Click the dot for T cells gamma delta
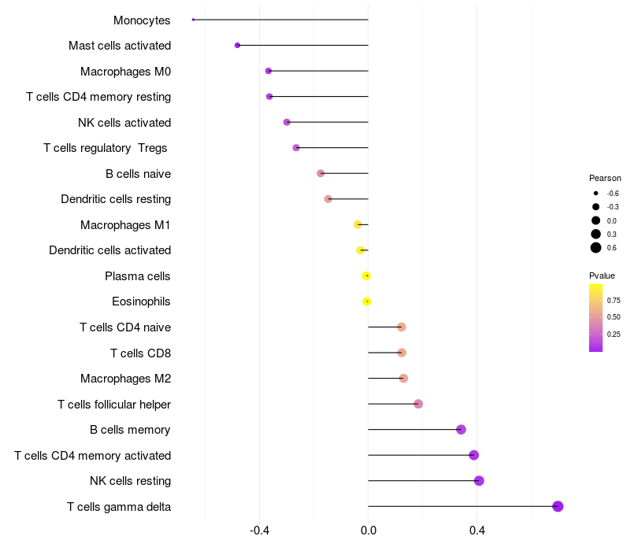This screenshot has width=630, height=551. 558,506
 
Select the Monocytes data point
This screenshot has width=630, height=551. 193,20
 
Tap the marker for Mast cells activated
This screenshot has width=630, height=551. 237,46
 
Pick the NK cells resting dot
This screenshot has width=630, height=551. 479,481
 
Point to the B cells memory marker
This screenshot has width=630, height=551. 461,430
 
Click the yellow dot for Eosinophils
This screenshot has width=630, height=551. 367,301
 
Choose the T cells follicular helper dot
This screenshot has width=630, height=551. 418,404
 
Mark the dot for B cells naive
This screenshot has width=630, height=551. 321,173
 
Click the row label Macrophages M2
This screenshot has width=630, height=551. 125,379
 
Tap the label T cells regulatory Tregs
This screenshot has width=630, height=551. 106,148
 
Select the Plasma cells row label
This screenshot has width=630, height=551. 137,276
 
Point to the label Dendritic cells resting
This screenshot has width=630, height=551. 116,199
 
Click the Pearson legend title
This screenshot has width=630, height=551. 605,178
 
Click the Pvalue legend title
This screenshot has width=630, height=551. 602,275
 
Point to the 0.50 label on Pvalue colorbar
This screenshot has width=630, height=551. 613,317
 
